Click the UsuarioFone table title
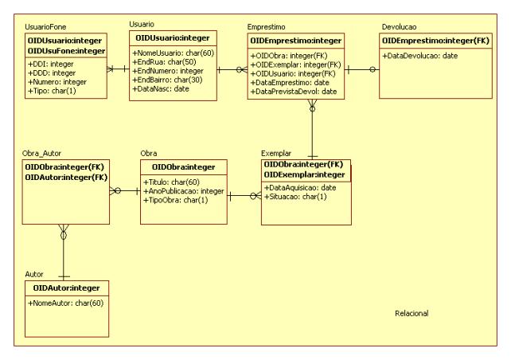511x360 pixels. (46, 27)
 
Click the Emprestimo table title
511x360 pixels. (270, 27)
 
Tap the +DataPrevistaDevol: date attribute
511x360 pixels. (295, 92)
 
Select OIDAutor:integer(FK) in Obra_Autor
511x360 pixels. (65, 176)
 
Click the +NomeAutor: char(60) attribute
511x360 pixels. (66, 303)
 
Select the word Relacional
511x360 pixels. (412, 313)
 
